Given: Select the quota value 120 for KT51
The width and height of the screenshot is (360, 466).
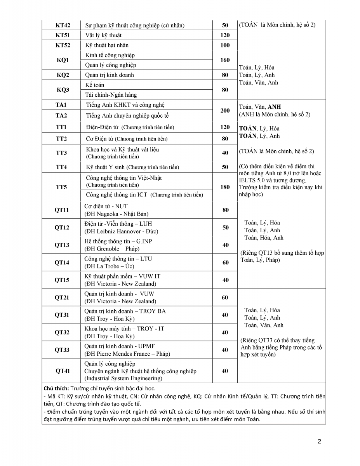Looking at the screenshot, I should [x=225, y=35].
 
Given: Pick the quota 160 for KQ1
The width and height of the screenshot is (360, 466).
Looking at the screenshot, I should [x=225, y=60].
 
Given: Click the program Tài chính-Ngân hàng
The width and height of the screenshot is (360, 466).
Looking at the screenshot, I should [x=111, y=95].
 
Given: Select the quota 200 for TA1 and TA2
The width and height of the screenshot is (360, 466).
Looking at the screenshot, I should [x=225, y=110].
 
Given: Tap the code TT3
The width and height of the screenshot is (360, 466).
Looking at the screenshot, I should [x=61, y=153].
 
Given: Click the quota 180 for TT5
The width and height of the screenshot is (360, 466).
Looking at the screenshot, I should [x=225, y=187].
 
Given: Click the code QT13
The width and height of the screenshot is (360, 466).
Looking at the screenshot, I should [x=62, y=245].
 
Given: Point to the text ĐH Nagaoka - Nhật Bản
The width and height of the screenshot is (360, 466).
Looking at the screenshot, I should [x=117, y=214].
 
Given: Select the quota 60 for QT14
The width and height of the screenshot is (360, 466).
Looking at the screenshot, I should [x=225, y=263].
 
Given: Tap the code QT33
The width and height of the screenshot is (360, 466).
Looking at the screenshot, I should [x=62, y=350].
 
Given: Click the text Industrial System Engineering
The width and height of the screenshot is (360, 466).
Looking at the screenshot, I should [x=123, y=378].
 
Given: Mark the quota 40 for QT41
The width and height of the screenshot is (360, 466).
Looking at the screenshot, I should [x=225, y=371].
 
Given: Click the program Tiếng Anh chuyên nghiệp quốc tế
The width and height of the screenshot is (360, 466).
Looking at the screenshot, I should [x=127, y=115].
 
